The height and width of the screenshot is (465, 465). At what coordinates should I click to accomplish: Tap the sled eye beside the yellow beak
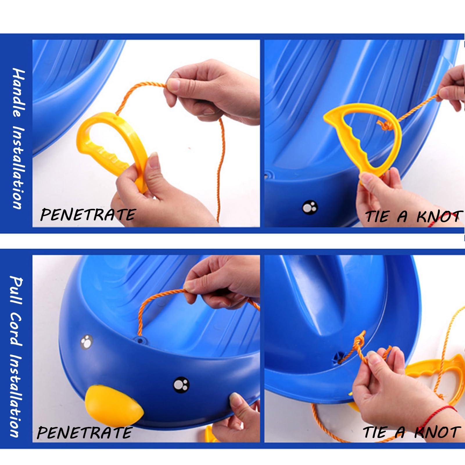coord(181,385)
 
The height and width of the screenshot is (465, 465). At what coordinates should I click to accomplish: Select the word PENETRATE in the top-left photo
coord(88,215)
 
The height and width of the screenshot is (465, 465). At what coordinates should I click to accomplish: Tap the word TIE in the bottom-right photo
coord(376,432)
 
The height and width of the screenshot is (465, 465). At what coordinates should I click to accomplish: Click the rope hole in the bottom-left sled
coord(140,339)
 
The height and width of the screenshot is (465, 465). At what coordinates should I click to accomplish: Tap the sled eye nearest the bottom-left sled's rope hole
coord(86,342)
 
